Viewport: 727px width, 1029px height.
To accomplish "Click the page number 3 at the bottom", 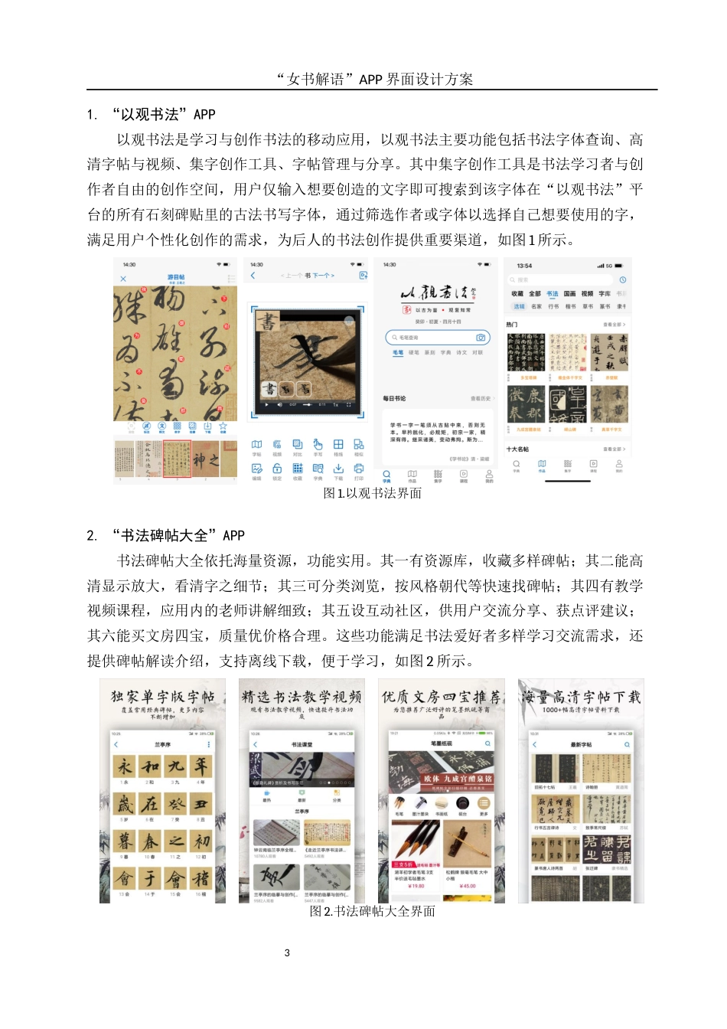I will pyautogui.click(x=287, y=953).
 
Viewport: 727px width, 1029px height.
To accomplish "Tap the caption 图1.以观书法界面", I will pyautogui.click(x=372, y=493).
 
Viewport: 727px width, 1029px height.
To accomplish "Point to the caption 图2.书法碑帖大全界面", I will pyautogui.click(x=372, y=911).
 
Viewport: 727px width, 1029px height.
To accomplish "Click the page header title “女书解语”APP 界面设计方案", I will pyautogui.click(x=374, y=79).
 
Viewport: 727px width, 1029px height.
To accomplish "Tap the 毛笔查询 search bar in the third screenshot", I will pyautogui.click(x=437, y=337).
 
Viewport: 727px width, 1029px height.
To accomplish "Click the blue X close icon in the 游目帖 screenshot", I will pyautogui.click(x=123, y=279).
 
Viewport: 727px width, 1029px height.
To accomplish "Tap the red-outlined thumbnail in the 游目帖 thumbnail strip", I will pyautogui.click(x=177, y=459).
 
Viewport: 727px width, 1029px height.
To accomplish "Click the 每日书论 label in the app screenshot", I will pyautogui.click(x=394, y=399).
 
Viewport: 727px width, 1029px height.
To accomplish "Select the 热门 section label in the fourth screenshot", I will pyautogui.click(x=512, y=325).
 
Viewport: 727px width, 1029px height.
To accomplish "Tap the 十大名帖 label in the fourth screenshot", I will pyautogui.click(x=517, y=449).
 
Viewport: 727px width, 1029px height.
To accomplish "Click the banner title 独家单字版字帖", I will pyautogui.click(x=162, y=697).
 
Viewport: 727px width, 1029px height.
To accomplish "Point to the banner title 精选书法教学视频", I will pyautogui.click(x=302, y=697).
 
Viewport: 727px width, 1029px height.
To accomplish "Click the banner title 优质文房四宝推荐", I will pyautogui.click(x=442, y=697).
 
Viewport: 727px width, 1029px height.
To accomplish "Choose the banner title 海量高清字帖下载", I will pyautogui.click(x=581, y=697).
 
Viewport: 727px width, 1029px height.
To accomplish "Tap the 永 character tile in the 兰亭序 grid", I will pyautogui.click(x=125, y=766).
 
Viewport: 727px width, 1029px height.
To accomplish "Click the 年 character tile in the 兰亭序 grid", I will pyautogui.click(x=200, y=766).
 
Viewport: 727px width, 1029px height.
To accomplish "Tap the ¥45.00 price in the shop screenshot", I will pyautogui.click(x=467, y=886).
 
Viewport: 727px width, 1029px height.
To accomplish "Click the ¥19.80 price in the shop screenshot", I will pyautogui.click(x=416, y=886).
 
